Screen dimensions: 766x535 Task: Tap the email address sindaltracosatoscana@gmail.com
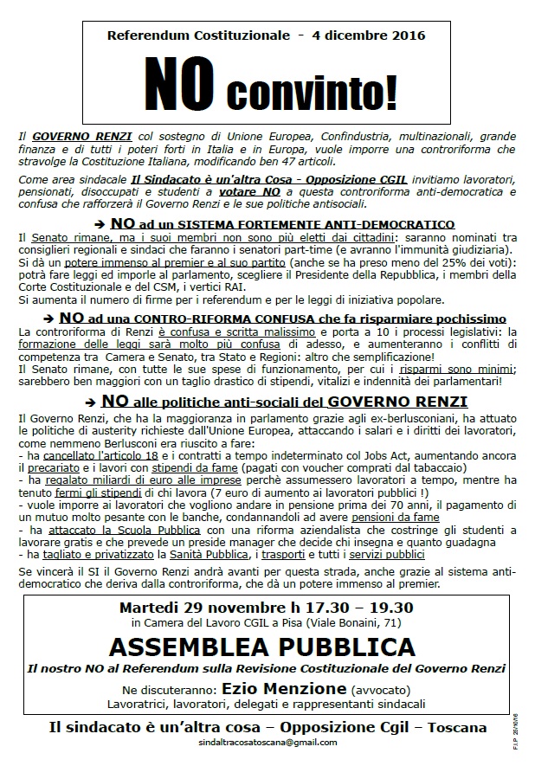point(267,743)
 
